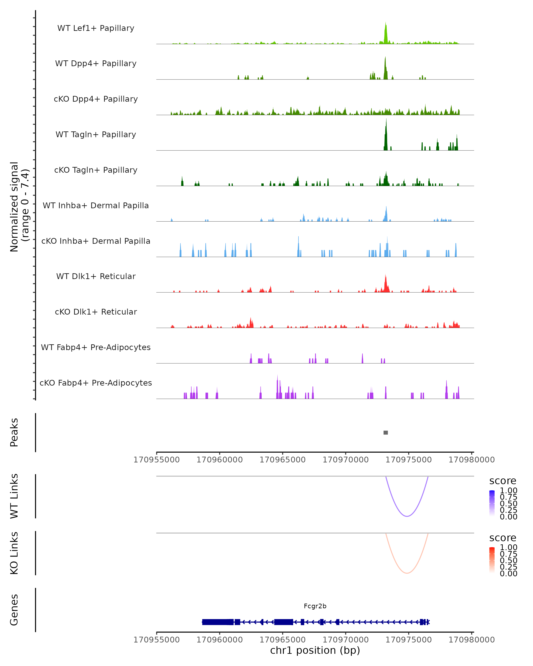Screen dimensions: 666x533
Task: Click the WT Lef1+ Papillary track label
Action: [x=96, y=28]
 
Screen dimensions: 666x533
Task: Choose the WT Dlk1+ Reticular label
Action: [x=96, y=276]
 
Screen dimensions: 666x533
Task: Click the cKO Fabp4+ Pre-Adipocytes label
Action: [x=96, y=383]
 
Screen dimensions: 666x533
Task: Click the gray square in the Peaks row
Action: [x=386, y=432]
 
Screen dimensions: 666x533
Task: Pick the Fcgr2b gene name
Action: [x=315, y=606]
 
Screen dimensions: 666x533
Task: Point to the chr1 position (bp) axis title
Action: [x=315, y=650]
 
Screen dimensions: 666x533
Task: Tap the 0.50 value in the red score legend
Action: [x=508, y=560]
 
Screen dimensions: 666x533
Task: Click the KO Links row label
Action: [x=14, y=553]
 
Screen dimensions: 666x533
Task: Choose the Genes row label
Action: [x=14, y=610]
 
